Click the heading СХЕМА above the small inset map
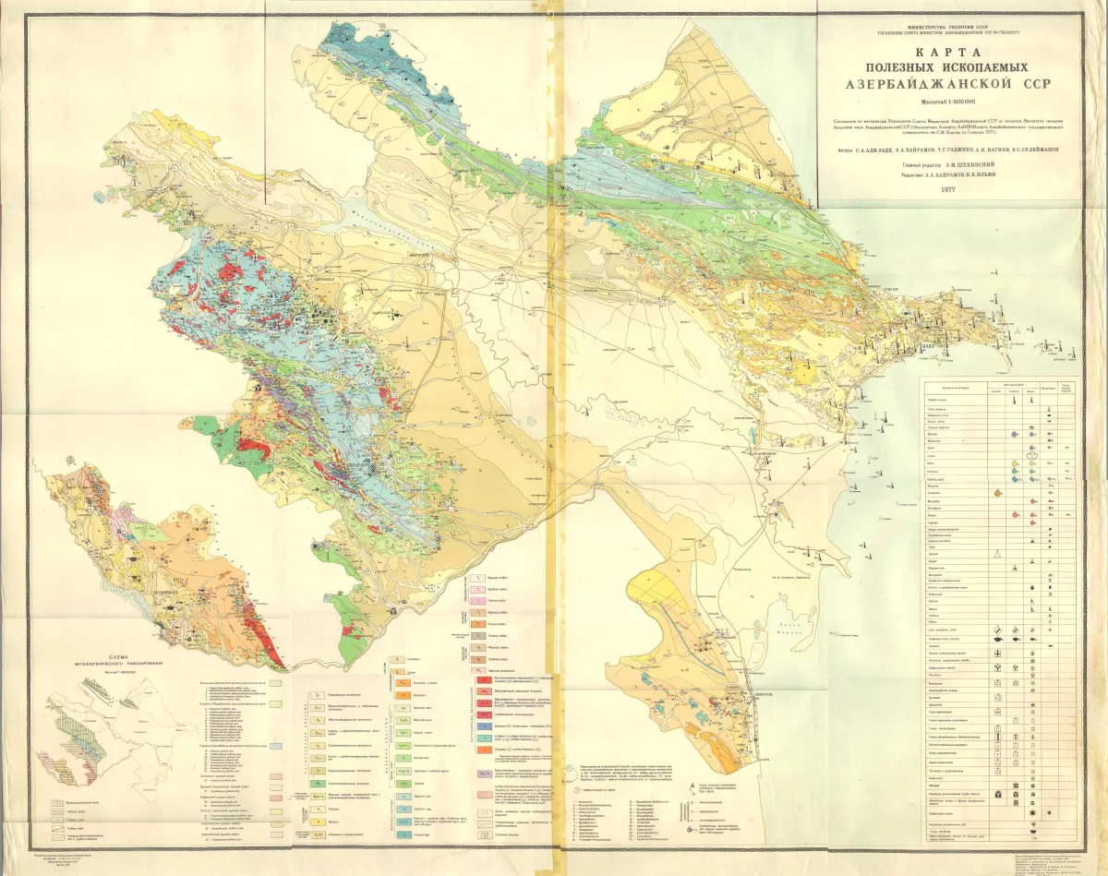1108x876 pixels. click(x=121, y=649)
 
